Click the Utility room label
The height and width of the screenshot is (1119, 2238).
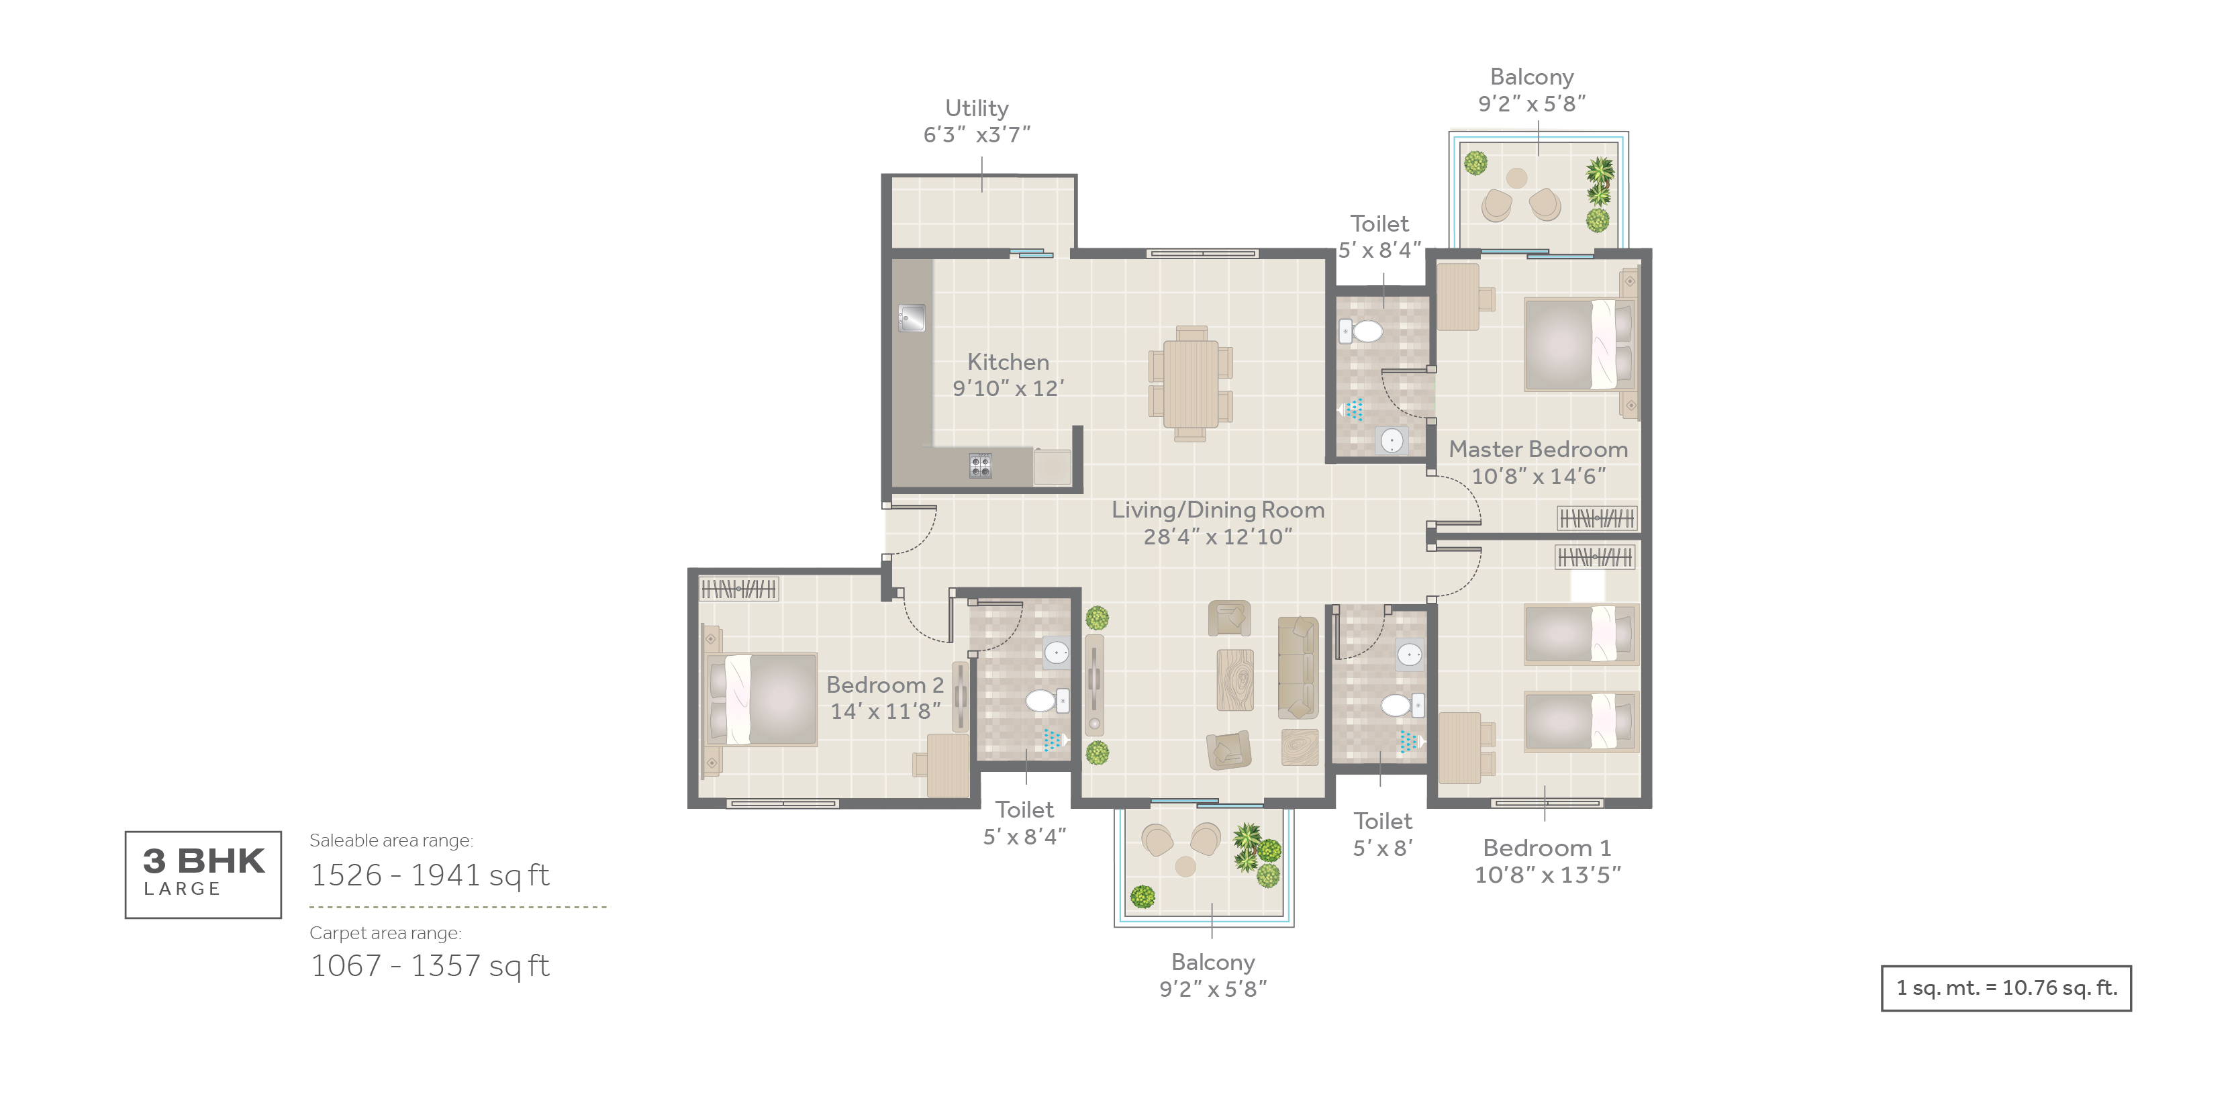(977, 109)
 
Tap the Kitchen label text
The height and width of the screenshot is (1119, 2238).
(1008, 362)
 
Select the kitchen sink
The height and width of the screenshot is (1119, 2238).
(912, 318)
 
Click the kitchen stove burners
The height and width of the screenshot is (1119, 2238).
(980, 466)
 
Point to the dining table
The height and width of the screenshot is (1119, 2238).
(1190, 383)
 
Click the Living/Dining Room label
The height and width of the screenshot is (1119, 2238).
(1218, 510)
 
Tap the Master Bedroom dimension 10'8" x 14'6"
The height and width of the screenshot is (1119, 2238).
(1539, 476)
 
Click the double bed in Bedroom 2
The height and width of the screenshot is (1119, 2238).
(759, 699)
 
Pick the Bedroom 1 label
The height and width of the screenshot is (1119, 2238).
(1547, 847)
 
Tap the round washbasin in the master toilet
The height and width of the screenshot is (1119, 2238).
(1392, 441)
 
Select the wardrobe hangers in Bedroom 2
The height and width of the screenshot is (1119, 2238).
(738, 589)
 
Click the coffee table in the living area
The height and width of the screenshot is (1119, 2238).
(1234, 680)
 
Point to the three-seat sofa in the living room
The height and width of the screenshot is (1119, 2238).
(1298, 667)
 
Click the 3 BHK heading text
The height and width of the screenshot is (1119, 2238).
(203, 861)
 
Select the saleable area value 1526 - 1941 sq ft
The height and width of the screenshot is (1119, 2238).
(430, 875)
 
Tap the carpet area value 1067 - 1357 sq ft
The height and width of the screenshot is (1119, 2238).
(430, 965)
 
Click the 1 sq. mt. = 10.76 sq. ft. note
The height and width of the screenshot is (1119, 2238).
(2006, 988)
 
